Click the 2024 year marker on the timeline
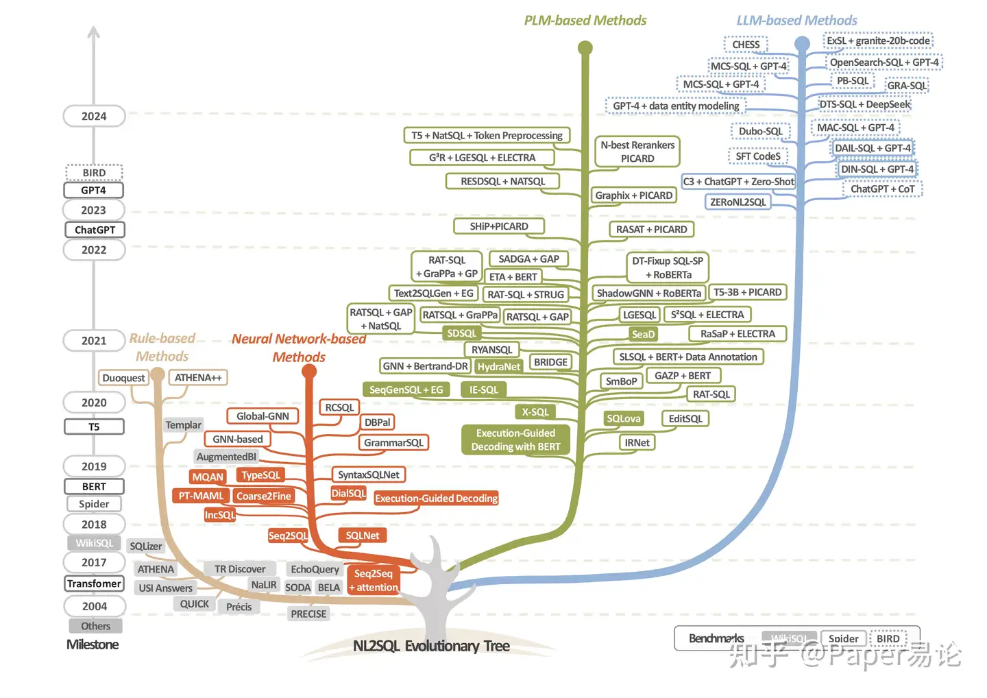(94, 116)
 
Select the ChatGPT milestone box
(95, 230)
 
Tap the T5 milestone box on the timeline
(94, 426)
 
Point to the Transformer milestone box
(94, 583)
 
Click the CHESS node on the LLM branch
(746, 45)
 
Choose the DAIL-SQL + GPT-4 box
(873, 148)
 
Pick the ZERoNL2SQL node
(738, 202)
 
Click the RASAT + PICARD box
(651, 230)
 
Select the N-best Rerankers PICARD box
(637, 152)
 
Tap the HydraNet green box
(498, 367)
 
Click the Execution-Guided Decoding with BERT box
(515, 440)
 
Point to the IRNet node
(637, 443)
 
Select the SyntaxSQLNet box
(369, 474)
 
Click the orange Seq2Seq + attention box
(373, 580)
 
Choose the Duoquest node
(123, 378)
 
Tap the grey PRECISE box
(308, 614)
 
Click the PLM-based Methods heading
(585, 21)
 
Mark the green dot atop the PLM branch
(585, 47)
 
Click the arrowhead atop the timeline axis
(94, 32)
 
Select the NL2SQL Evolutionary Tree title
(431, 646)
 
